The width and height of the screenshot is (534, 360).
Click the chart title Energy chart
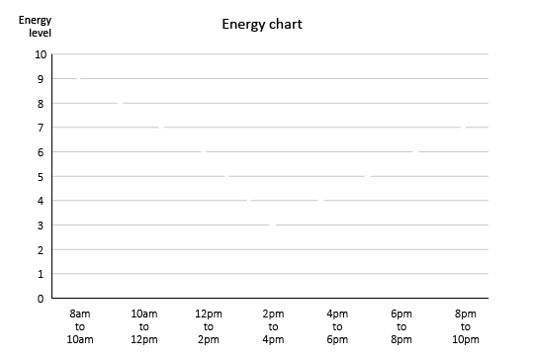261,24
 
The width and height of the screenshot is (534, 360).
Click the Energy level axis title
35,26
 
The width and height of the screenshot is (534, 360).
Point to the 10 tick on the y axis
41,54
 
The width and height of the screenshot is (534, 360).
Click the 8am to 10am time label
80,326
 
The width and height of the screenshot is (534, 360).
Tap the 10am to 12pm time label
144,326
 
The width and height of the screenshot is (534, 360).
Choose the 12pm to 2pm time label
209,326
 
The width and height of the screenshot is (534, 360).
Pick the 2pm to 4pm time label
273,326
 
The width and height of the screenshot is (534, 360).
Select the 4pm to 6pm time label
337,326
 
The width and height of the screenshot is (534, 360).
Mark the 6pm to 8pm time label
401,326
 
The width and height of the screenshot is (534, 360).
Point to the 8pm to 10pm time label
466,326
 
